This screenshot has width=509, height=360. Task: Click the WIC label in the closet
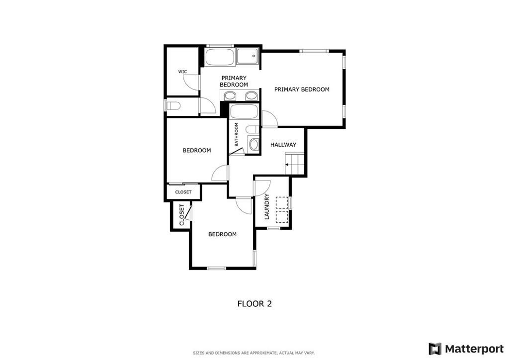coord(182,72)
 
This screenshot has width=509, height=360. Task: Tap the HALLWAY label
coord(283,145)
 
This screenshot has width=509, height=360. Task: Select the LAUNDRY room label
coord(267,207)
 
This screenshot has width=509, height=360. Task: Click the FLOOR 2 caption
coord(254,304)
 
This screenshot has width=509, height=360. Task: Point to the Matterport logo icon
coord(435,349)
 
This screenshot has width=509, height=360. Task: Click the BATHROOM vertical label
coord(236,134)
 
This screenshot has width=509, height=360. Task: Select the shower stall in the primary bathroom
coord(248,56)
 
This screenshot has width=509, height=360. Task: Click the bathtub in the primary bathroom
coord(219,57)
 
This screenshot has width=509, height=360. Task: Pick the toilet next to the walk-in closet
coord(172,106)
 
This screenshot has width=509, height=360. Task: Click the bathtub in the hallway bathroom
coord(244,112)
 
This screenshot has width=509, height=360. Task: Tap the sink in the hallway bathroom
coord(254,144)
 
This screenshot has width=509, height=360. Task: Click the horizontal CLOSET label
coord(183,192)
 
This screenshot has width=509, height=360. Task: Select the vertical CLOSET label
coord(181,215)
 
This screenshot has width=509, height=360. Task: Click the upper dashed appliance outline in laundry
coord(282,202)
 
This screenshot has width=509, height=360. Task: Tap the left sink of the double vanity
coord(231,96)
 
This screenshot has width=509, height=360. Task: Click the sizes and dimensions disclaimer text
coord(254,353)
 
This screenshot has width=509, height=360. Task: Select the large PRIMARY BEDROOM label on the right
coord(302,90)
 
